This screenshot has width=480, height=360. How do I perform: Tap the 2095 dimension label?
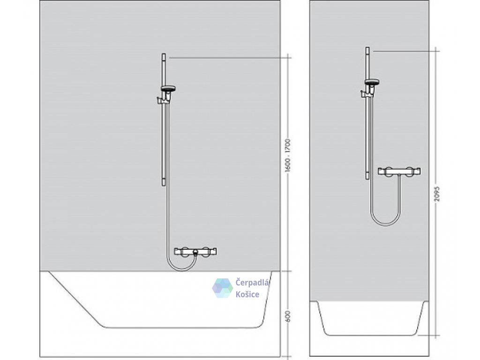pos(437,192)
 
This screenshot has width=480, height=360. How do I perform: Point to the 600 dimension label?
pos(288,317)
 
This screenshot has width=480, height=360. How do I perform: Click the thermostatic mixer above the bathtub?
pos(195,251)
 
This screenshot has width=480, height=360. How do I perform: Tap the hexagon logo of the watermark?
pos(222,288)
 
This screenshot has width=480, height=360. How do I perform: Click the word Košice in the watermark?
pos(247,294)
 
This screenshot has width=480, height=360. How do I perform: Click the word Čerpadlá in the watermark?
pos(253,282)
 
